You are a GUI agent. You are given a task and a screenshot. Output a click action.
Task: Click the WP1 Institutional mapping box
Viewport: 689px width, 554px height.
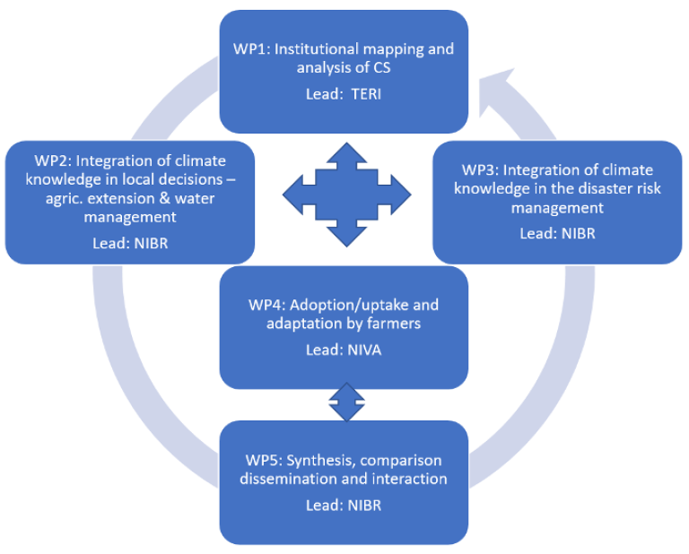pyautogui.click(x=344, y=72)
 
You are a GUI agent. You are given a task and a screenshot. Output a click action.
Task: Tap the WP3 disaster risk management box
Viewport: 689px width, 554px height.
pyautogui.click(x=557, y=202)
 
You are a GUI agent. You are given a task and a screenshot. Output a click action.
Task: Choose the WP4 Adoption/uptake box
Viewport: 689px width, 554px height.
pyautogui.click(x=344, y=327)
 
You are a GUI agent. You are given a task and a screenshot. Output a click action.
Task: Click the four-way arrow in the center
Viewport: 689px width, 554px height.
pyautogui.click(x=346, y=193)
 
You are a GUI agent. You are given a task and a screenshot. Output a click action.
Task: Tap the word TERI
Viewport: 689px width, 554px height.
pyautogui.click(x=365, y=94)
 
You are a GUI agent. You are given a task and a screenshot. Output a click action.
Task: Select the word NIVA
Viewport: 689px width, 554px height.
pyautogui.click(x=364, y=350)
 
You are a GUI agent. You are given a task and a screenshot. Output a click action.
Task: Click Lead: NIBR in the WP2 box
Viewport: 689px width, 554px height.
pyautogui.click(x=130, y=242)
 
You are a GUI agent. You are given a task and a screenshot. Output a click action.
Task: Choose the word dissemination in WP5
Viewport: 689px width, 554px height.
pyautogui.click(x=283, y=479)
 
